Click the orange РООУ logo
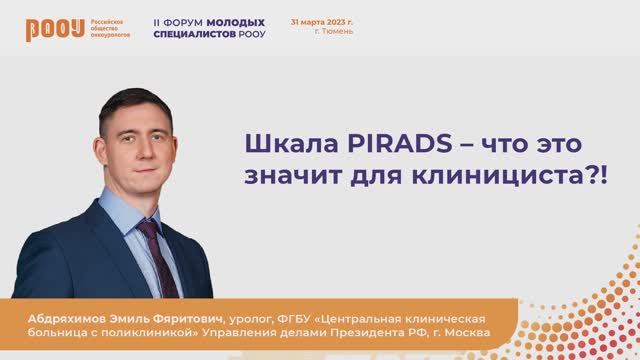[x=45, y=29]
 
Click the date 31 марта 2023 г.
[x=322, y=20]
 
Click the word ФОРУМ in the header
[x=189, y=21]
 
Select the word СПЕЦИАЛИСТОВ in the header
[x=196, y=33]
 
